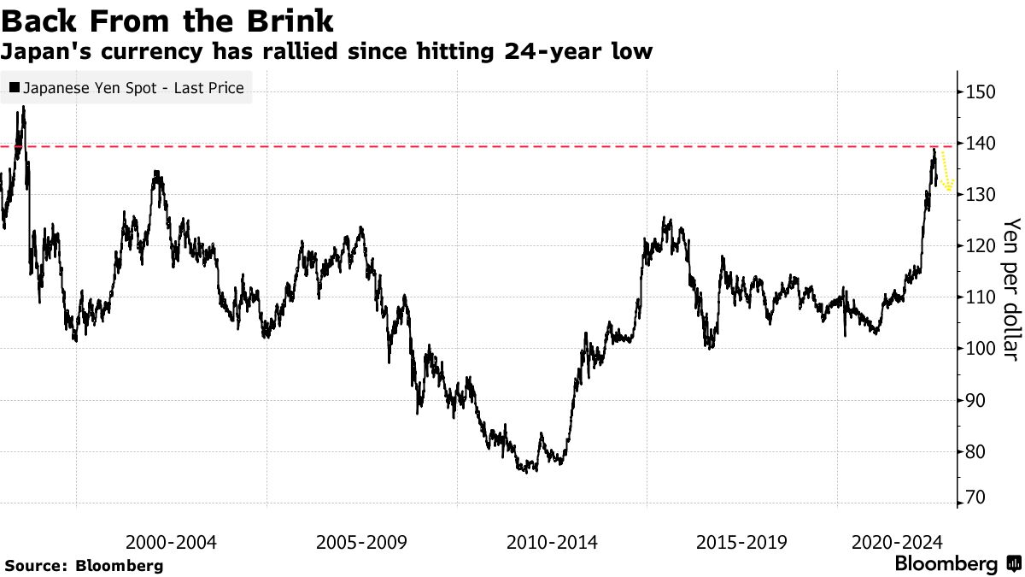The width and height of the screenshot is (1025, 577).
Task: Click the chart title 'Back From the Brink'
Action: click(167, 19)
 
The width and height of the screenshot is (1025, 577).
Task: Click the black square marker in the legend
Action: click(15, 87)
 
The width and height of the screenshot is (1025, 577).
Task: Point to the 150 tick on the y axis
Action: click(981, 91)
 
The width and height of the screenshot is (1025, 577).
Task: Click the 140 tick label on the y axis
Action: click(981, 144)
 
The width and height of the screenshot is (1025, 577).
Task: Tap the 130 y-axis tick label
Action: click(981, 195)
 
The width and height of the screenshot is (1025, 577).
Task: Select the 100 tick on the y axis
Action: click(981, 349)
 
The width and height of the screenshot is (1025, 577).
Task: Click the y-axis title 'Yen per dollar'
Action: click(1010, 289)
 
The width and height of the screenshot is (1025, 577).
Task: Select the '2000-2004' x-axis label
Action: click(171, 542)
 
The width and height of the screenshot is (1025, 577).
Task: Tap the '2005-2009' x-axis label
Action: click(361, 542)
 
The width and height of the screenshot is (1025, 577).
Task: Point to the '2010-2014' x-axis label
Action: click(552, 542)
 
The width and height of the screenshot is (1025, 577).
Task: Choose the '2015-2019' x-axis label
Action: click(742, 542)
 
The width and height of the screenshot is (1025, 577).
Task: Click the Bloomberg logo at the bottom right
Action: click(956, 564)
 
